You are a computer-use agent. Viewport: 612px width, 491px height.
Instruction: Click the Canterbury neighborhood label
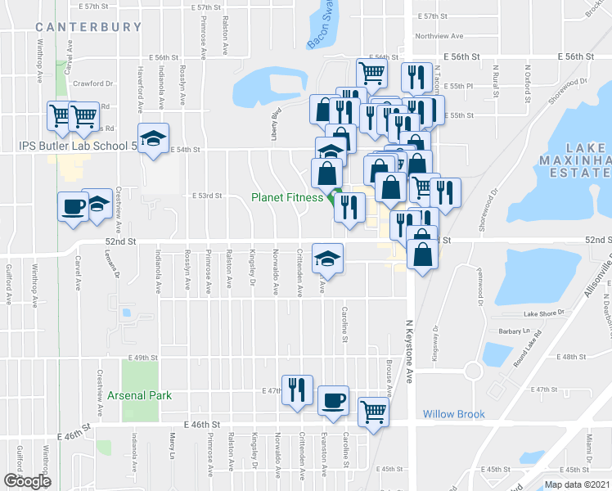click(88, 27)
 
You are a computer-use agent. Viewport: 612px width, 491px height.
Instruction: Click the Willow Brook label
click(454, 414)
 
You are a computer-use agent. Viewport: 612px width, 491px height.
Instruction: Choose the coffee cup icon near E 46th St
click(333, 401)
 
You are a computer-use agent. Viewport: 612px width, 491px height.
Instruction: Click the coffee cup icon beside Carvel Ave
click(72, 205)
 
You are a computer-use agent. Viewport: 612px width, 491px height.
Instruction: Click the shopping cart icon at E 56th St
click(372, 74)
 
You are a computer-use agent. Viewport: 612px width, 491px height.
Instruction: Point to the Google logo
click(27, 481)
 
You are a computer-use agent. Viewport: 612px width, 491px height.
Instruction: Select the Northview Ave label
click(439, 36)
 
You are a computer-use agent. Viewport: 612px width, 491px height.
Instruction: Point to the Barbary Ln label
click(515, 331)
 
